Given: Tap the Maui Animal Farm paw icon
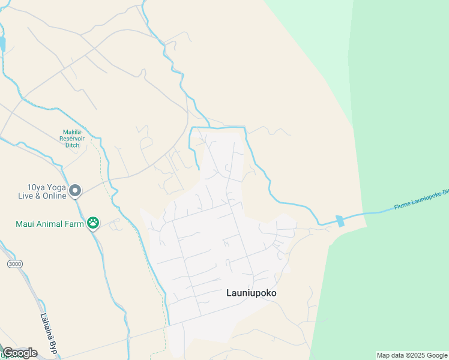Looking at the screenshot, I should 93,224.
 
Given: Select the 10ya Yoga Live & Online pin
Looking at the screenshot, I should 75,191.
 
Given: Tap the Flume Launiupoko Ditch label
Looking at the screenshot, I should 421,200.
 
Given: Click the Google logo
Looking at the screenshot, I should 20,353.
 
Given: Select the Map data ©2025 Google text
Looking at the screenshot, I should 412,355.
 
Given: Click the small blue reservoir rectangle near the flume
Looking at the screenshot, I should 340,221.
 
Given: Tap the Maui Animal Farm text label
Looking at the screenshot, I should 50,224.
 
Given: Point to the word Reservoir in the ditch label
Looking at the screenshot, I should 76,139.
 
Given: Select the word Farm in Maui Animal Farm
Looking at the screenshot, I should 74,224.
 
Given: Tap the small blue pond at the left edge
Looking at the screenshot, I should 2,44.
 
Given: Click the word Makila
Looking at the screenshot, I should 73,132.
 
